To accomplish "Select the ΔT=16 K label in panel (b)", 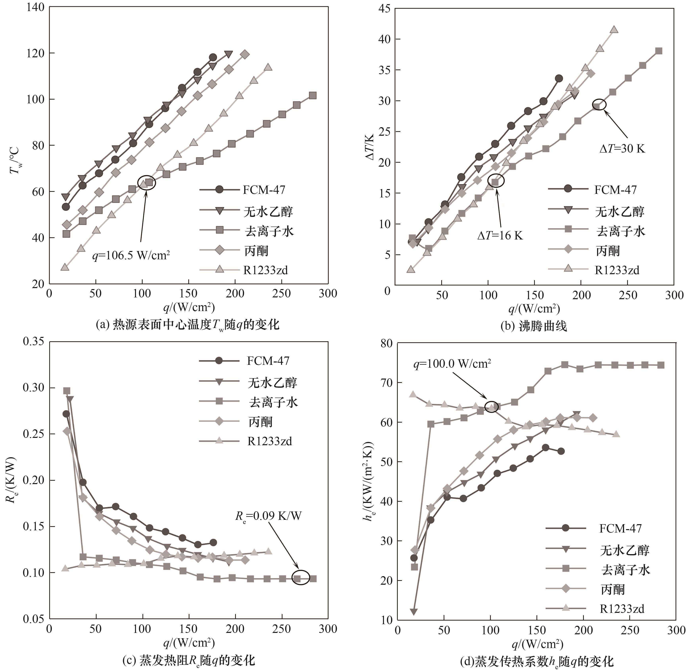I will coord(500,236).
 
